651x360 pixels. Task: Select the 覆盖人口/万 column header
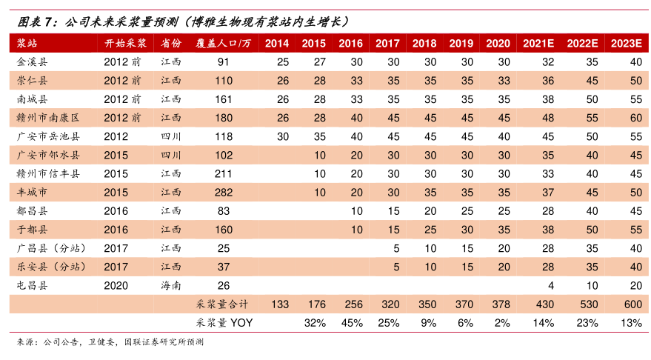223,43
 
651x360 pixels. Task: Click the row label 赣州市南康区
47,118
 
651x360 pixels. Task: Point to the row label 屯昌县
32,285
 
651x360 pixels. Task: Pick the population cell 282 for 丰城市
223,193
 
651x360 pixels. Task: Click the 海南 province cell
171,285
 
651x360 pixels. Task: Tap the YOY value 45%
351,323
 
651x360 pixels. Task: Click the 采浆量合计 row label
222,304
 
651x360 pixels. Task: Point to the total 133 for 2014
280,304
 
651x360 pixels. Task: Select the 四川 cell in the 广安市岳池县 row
171,136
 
